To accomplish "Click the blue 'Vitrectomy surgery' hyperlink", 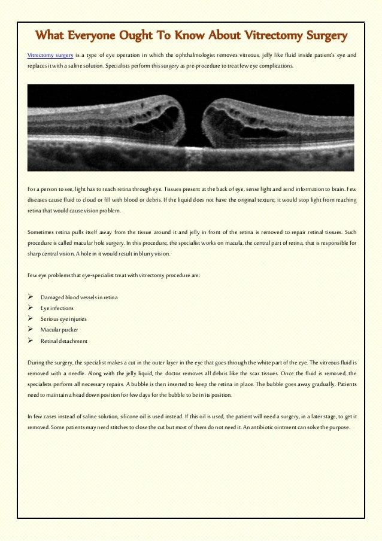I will pyautogui.click(x=47, y=55).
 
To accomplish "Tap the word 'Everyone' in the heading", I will pyautogui.click(x=98, y=37).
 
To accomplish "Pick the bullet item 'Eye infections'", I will pyautogui.click(x=57, y=308).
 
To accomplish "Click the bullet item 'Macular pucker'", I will pyautogui.click(x=59, y=330).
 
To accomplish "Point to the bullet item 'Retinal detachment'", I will pyautogui.click(x=64, y=341).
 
